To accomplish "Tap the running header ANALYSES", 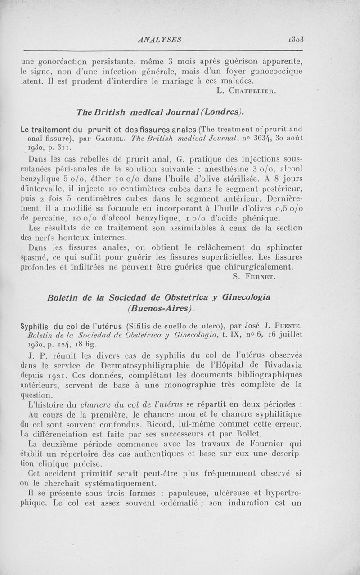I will click(161, 40).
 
